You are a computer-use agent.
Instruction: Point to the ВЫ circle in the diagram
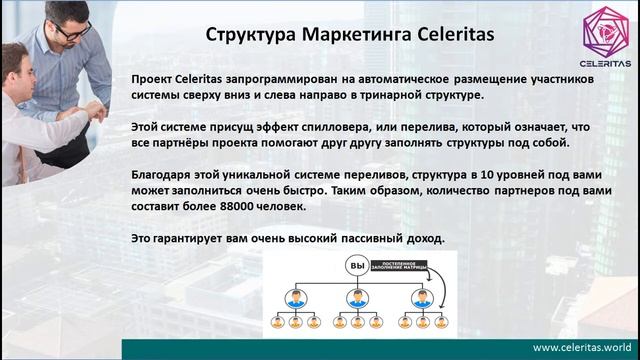coord(357,265)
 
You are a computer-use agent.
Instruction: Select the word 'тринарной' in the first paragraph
coord(395,95)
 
